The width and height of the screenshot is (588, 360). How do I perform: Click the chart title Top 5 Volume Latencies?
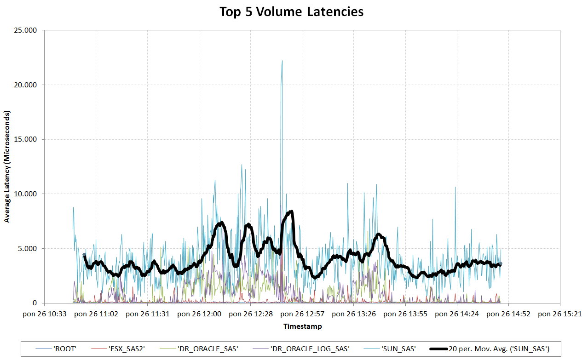tap(291, 11)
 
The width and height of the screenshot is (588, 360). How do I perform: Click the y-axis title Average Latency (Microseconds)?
tap(7, 166)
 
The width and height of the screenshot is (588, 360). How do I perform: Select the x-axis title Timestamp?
tap(302, 326)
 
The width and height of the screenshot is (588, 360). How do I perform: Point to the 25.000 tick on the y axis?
tap(27, 30)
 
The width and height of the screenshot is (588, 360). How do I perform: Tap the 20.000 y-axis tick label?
tap(27, 85)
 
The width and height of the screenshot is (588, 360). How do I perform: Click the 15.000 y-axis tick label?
tap(27, 140)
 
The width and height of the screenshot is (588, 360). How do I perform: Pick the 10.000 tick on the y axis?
tap(27, 194)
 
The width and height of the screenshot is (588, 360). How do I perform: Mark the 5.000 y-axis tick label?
tap(29, 249)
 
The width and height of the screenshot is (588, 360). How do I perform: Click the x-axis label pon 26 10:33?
tap(45, 314)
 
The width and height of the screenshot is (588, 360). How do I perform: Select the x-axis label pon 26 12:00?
tap(199, 314)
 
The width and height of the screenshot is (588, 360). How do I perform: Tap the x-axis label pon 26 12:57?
tap(302, 314)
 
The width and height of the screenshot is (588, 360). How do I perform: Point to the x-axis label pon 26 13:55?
tap(405, 314)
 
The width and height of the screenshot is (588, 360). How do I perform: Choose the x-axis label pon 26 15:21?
tap(560, 314)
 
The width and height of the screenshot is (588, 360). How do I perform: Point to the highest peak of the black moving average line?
tap(291, 211)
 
